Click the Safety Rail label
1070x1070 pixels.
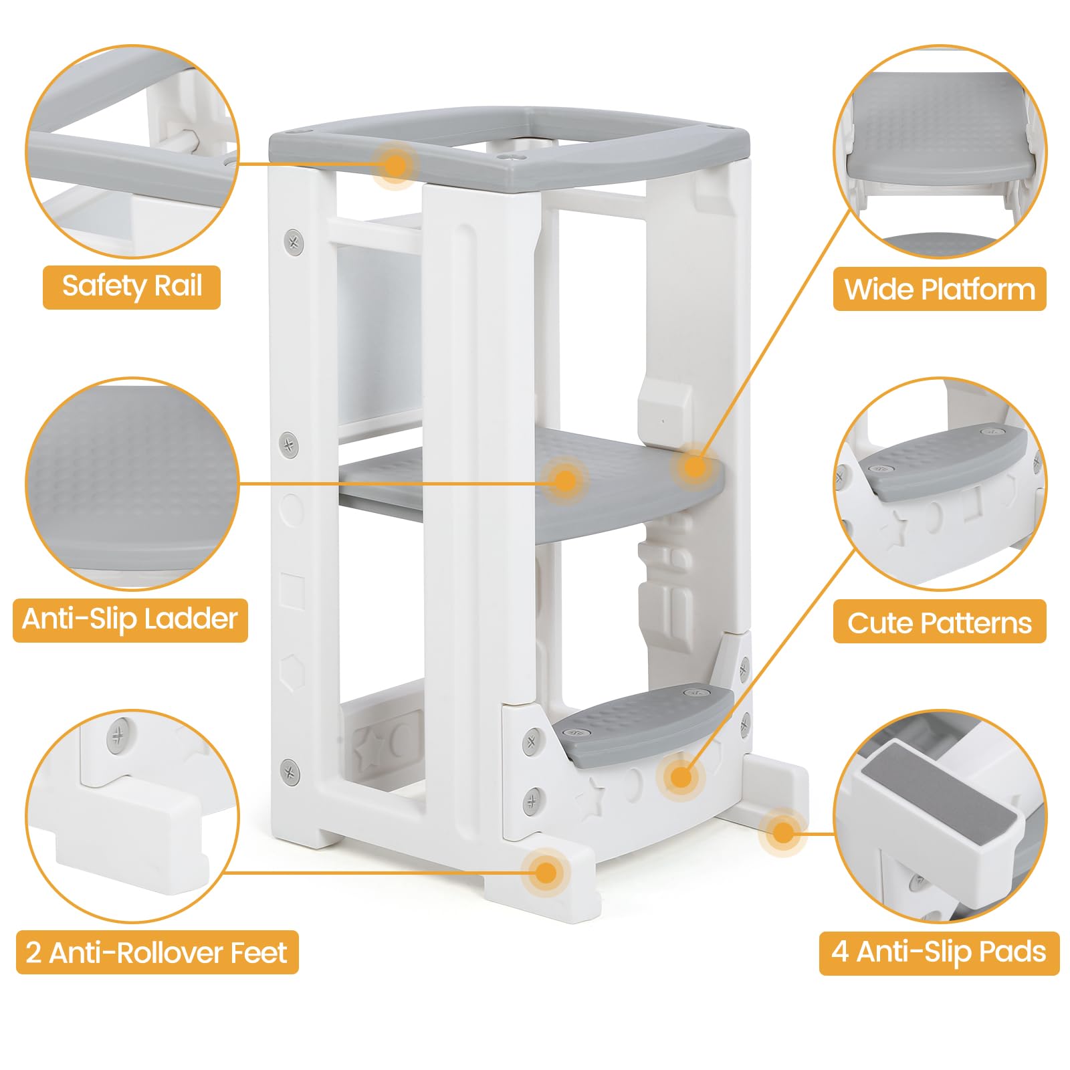tap(132, 287)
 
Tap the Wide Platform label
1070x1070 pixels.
tap(939, 290)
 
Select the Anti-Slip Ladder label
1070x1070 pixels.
tap(130, 619)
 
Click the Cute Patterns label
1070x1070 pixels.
tap(939, 623)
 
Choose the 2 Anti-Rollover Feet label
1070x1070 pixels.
tap(156, 952)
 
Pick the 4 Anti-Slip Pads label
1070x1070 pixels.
tap(939, 952)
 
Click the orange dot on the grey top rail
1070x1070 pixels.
tap(396, 165)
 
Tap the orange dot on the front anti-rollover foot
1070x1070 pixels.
tap(546, 872)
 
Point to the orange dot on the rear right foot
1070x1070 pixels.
tap(782, 833)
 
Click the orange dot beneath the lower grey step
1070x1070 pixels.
tap(680, 777)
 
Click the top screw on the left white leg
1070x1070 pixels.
tap(293, 239)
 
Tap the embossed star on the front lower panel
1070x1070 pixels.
tap(593, 799)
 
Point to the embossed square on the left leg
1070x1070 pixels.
tap(292, 591)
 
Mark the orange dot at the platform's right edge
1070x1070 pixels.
tap(695, 466)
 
